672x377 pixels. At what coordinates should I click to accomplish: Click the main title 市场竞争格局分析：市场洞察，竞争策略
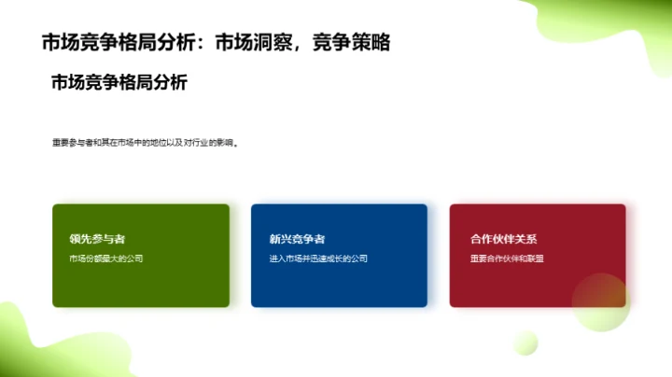[216, 42]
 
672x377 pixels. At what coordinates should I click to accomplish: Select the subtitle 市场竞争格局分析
[119, 83]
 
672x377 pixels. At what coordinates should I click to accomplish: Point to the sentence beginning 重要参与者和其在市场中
[146, 144]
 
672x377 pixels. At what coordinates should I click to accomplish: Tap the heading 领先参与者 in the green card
[97, 239]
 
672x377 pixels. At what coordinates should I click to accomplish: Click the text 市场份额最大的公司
[105, 258]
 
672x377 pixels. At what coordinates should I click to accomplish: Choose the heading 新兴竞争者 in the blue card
[297, 239]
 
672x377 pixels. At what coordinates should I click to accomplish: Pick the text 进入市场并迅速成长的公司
[318, 258]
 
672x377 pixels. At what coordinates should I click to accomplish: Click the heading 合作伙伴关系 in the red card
[504, 239]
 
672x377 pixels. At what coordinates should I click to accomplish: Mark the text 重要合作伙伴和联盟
[507, 258]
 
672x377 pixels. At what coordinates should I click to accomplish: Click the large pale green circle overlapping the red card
[601, 302]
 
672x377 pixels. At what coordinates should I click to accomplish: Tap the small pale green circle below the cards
[525, 342]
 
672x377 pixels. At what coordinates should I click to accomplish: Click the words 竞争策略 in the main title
[351, 42]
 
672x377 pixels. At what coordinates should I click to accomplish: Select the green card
[140, 280]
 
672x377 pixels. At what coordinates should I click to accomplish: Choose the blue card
[339, 280]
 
